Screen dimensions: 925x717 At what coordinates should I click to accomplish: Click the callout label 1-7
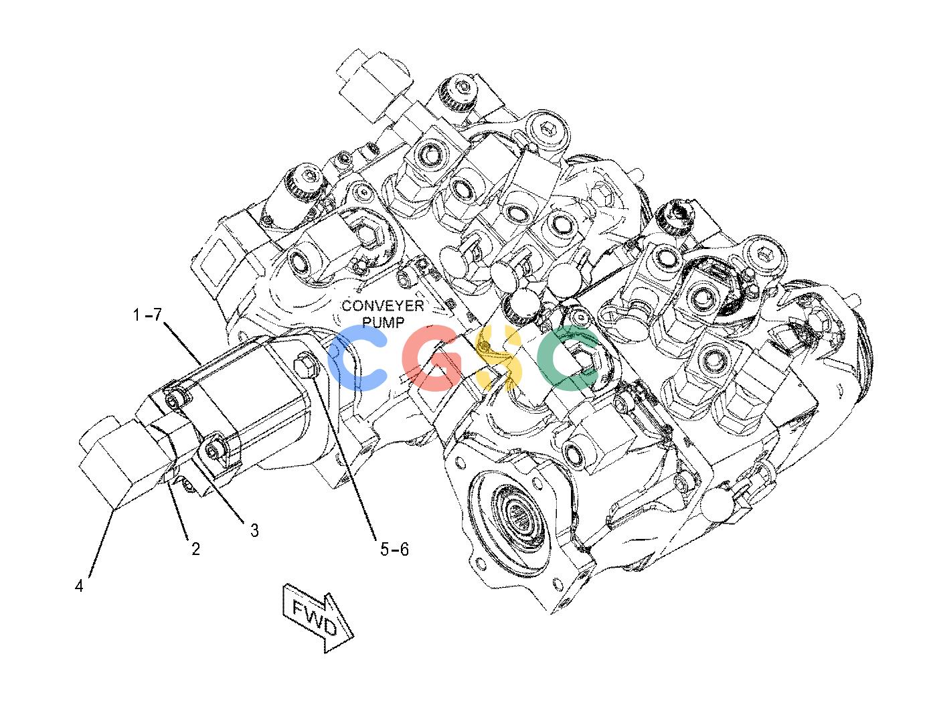click(x=147, y=315)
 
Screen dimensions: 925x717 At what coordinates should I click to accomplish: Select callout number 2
click(x=196, y=549)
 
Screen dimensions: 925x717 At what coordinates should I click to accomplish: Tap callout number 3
click(x=254, y=530)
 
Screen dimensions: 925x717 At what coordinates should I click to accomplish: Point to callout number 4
click(x=79, y=586)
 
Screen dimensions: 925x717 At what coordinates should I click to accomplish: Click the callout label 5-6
click(x=394, y=549)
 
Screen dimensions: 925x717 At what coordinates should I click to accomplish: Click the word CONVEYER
click(x=383, y=306)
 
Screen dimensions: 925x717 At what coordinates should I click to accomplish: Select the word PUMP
click(x=384, y=323)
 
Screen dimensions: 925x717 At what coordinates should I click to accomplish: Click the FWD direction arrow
click(x=318, y=618)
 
